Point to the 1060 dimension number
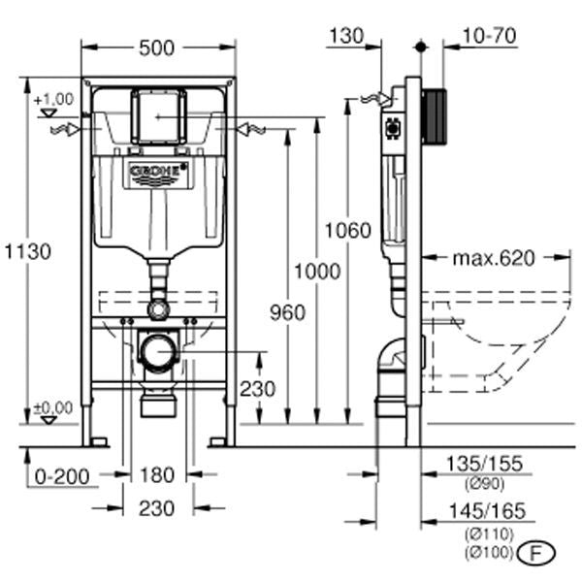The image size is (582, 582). [x=348, y=231]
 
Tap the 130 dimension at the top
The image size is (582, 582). [x=345, y=36]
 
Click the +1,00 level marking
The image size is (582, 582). [x=52, y=100]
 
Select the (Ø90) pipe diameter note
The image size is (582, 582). [x=487, y=484]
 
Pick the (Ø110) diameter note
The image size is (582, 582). [x=487, y=533]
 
